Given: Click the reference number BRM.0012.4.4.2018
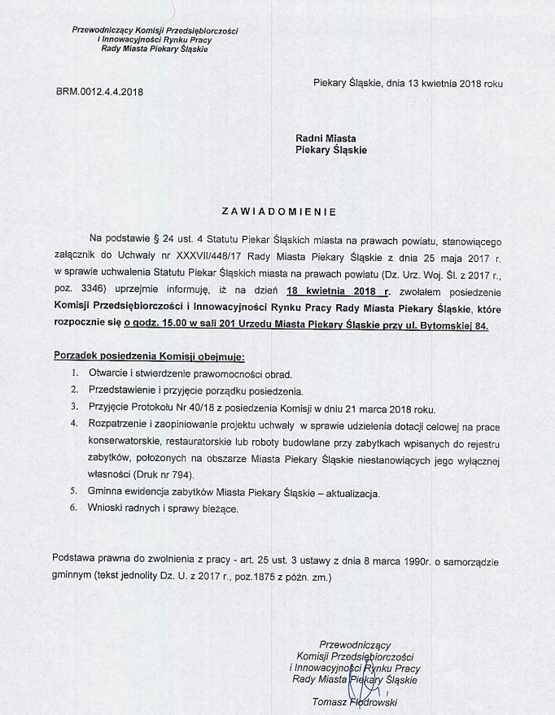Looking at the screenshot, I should coord(99,92).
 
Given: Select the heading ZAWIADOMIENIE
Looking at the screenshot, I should coord(278,211).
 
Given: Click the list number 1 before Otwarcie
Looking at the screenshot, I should coord(74,374).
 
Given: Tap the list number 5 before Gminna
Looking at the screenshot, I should coord(74,493).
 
